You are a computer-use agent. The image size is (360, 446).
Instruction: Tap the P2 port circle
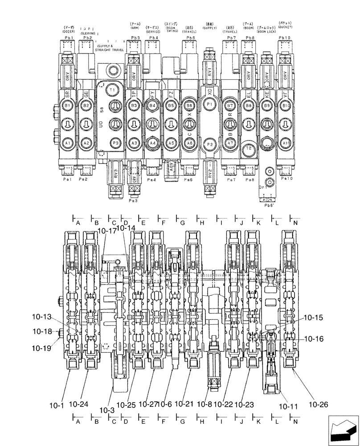(x=210, y=145)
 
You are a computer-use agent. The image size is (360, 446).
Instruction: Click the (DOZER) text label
(x=68, y=31)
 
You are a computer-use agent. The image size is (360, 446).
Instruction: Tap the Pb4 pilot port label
(x=153, y=38)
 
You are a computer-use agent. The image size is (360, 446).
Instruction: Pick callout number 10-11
(x=288, y=406)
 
